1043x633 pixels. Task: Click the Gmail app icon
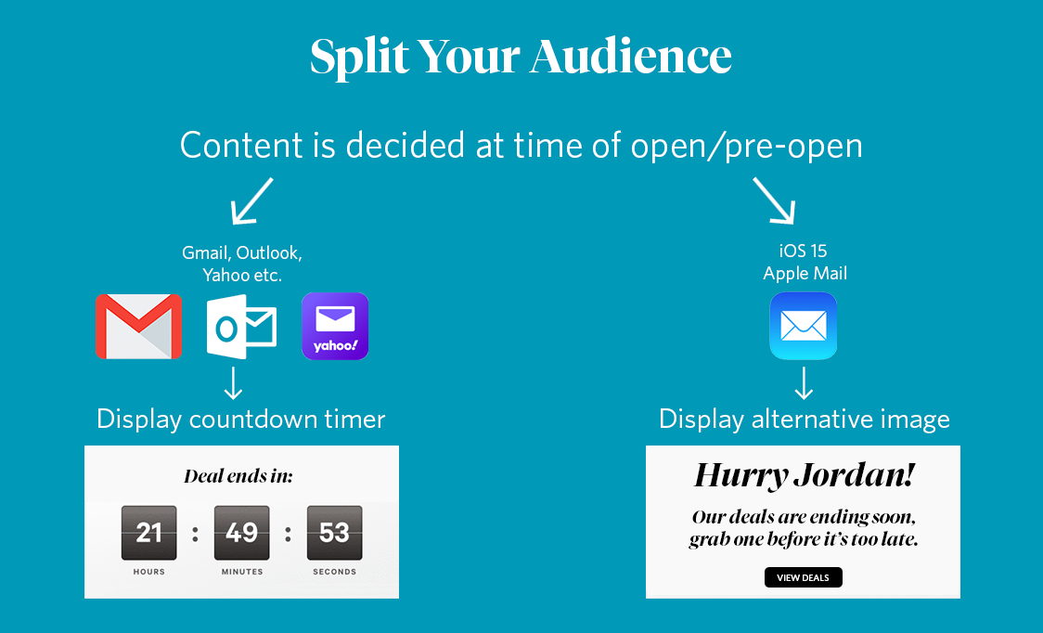pos(138,326)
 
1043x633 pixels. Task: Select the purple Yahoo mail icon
pos(335,326)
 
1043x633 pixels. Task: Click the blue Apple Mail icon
pos(804,326)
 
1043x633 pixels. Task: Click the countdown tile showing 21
pos(149,533)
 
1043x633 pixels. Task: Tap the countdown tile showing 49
pos(241,533)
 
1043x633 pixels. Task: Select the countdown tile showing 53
pos(335,533)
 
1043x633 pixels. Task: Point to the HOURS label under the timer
pos(149,572)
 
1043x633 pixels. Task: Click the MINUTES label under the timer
pos(242,572)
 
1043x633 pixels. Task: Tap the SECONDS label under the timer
pos(335,572)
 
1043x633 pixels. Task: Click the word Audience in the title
pos(631,56)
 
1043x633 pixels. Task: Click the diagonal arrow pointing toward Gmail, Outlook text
pos(251,200)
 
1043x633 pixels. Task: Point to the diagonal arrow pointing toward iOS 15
pos(774,200)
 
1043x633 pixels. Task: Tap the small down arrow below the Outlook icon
pos(233,382)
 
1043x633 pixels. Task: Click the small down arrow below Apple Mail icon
pos(804,382)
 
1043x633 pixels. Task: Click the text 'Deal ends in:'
pos(238,476)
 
